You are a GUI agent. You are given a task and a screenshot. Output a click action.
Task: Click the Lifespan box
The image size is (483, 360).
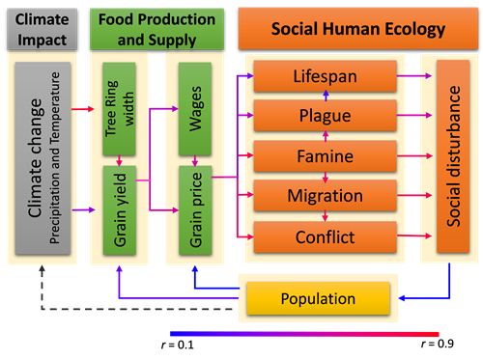[x=325, y=76]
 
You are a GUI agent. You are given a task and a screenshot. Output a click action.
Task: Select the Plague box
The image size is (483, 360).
[x=325, y=115]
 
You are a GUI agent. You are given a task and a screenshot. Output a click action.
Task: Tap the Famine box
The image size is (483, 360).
[x=325, y=156]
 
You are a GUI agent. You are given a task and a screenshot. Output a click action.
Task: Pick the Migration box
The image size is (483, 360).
[x=325, y=195]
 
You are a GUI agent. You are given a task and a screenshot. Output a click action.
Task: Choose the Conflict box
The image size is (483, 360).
[x=325, y=236]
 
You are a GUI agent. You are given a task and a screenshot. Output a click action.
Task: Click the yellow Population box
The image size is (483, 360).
[x=318, y=298]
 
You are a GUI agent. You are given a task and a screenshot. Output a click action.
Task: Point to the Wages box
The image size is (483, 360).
[x=195, y=109]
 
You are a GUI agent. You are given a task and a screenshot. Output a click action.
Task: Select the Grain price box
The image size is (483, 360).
[x=195, y=210]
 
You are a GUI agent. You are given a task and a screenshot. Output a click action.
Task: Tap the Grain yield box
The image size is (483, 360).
[x=120, y=210]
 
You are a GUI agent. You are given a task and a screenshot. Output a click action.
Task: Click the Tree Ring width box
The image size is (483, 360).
[x=119, y=109]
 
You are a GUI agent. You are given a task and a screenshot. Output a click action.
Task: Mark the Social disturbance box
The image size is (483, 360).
[x=453, y=156]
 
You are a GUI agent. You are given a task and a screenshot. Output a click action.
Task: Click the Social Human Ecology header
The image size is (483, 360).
[x=358, y=29]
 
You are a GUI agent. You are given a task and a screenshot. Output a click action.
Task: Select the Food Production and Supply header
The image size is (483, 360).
[x=156, y=29]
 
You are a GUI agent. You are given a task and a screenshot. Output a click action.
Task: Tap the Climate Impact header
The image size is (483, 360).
[x=43, y=29]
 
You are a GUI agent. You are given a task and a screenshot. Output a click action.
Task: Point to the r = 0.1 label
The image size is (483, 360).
[x=178, y=346]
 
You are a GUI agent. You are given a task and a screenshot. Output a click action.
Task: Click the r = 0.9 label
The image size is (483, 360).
[x=438, y=344]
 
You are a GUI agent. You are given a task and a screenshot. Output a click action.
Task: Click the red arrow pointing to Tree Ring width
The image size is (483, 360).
[x=83, y=109]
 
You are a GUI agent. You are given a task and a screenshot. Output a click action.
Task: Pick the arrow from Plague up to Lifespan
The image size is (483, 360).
[x=326, y=96]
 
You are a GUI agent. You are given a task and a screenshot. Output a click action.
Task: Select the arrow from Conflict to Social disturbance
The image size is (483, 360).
[x=414, y=235]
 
